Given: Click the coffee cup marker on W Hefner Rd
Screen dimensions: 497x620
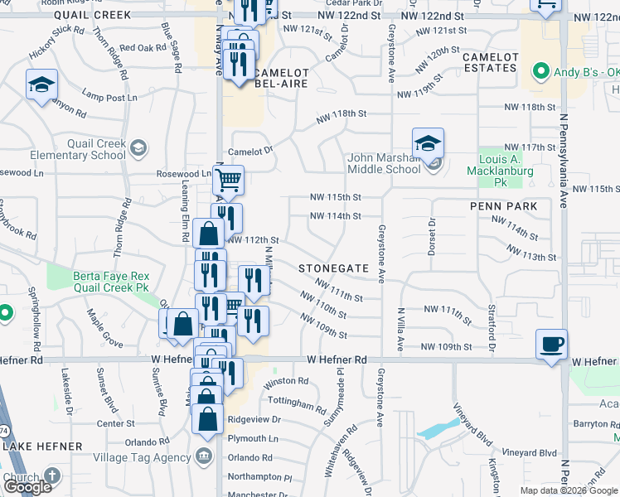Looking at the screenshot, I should (551, 344).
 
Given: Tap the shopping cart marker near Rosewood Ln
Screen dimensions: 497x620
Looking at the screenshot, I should (228, 180).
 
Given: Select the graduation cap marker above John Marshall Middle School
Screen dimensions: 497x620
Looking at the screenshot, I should (428, 142).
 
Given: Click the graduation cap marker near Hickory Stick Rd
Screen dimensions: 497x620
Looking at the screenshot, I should (41, 85).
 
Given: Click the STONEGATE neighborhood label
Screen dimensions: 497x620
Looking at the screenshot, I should (332, 268).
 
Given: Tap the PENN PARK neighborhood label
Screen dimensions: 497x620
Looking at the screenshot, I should (503, 206).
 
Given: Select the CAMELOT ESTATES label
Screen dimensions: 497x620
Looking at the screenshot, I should (490, 62).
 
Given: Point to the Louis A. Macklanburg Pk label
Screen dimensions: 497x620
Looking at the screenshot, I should (506, 170).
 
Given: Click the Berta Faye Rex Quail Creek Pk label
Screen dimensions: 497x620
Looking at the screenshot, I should (110, 282).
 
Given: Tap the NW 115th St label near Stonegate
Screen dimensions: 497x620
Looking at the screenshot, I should (336, 197).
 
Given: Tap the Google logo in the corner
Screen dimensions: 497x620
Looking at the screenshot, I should (27, 487).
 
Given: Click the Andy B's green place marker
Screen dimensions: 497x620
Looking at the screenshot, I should (542, 70).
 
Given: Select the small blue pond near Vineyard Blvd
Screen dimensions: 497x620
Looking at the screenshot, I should (435, 429).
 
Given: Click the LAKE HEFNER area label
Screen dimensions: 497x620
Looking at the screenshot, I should (43, 446).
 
